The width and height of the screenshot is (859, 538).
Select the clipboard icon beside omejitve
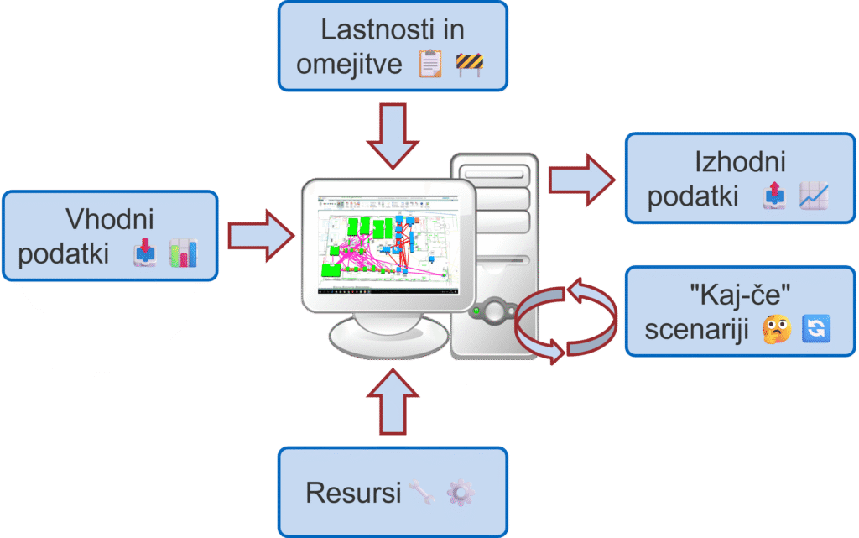click(430, 64)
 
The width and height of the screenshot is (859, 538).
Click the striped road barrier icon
click(470, 64)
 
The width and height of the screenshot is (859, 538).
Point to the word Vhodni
click(110, 219)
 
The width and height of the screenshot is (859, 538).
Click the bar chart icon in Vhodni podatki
click(183, 253)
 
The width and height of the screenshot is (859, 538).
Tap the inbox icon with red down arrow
click(145, 253)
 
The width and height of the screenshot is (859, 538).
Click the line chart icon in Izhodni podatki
click(814, 196)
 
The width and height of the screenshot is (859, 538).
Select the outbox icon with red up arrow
click(774, 196)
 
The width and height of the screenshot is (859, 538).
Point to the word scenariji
click(698, 328)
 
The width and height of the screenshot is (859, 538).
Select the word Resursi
click(353, 493)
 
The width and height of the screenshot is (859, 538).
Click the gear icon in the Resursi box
click(460, 493)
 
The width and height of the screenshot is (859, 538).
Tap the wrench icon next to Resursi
click(421, 493)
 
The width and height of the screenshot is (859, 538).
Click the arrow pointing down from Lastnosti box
click(393, 133)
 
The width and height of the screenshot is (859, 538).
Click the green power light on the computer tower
click(476, 311)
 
